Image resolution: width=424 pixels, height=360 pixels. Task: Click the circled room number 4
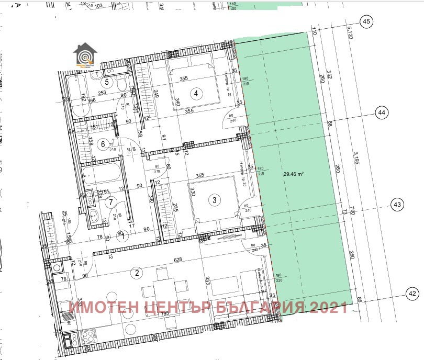[x=196, y=94]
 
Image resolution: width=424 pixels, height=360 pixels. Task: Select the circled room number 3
[x=214, y=199]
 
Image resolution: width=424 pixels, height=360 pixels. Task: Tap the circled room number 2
[x=137, y=272]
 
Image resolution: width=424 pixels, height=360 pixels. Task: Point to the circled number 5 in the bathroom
[x=107, y=82]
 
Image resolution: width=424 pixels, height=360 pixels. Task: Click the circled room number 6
[x=104, y=144]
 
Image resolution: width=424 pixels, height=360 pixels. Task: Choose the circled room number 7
[x=111, y=201]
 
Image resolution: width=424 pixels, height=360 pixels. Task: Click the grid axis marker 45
[x=366, y=21]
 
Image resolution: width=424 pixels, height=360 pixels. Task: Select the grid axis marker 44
[x=382, y=113]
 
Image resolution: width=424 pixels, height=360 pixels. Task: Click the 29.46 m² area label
[x=294, y=174]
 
